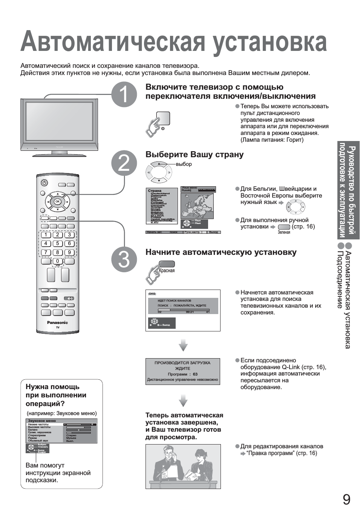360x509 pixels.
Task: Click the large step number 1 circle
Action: pyautogui.click(x=124, y=95)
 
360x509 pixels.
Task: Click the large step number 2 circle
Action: pyautogui.click(x=124, y=164)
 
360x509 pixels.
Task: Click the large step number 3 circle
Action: pyautogui.click(x=124, y=259)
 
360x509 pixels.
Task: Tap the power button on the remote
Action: pyautogui.click(x=44, y=183)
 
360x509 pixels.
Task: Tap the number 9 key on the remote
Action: pyautogui.click(x=69, y=252)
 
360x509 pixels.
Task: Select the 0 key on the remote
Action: pyautogui.click(x=57, y=261)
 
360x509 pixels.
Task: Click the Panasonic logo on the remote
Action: pyautogui.click(x=57, y=322)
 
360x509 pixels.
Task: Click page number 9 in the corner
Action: pyautogui.click(x=346, y=499)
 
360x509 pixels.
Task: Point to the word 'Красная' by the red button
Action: pyautogui.click(x=167, y=270)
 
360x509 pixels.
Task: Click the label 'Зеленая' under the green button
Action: pyautogui.click(x=284, y=232)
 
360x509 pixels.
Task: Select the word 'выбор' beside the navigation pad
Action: pyautogui.click(x=184, y=164)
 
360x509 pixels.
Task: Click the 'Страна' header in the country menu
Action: pyautogui.click(x=155, y=191)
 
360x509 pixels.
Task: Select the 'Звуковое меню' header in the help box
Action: pyautogui.click(x=42, y=420)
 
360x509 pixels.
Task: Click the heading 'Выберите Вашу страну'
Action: pyautogui.click(x=195, y=155)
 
